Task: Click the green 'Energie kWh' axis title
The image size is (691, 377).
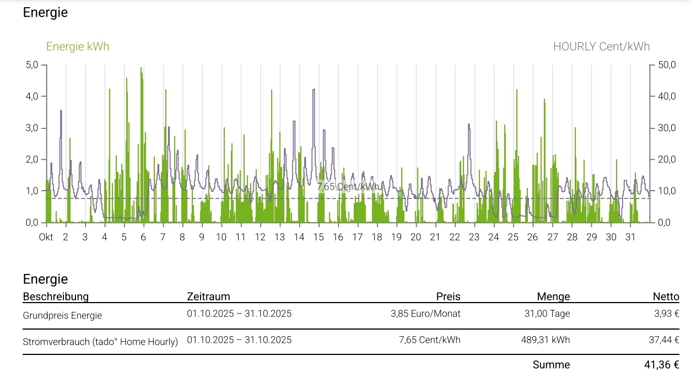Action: [x=78, y=47]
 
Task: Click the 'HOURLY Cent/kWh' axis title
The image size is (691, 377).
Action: [x=601, y=47]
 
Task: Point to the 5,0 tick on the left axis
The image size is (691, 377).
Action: [x=31, y=65]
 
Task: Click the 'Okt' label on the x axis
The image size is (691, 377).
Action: [x=46, y=238]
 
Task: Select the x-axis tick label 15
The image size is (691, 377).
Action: [x=318, y=238]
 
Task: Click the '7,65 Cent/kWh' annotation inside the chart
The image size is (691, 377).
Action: [x=348, y=186]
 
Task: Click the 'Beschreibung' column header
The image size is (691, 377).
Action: [x=56, y=297]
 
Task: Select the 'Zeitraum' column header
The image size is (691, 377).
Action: [x=208, y=297]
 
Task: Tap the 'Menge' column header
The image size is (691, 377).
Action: [x=553, y=297]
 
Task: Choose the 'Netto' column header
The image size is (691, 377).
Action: [x=666, y=297]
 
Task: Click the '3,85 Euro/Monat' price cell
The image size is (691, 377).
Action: [x=425, y=314]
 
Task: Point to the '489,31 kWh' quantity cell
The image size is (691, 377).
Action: [x=545, y=340]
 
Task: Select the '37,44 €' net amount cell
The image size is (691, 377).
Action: [x=663, y=340]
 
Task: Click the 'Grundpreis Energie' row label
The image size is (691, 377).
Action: [x=62, y=316]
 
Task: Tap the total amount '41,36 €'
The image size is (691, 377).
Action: [x=661, y=365]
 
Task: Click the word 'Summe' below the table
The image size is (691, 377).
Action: [x=551, y=365]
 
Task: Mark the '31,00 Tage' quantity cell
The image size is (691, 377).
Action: [x=547, y=314]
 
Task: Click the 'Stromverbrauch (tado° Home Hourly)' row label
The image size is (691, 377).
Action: [x=100, y=342]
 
